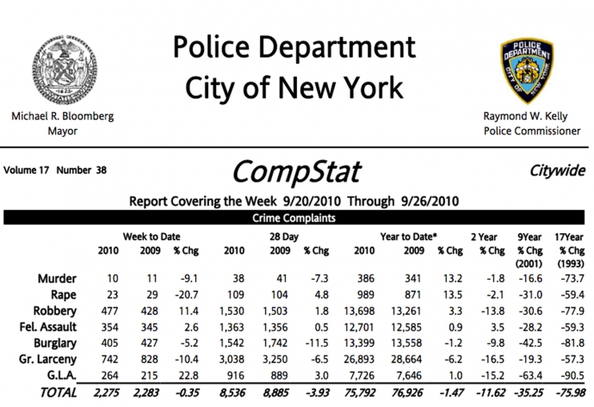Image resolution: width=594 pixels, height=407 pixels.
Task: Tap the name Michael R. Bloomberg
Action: (62, 116)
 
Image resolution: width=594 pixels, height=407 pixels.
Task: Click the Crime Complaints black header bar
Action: (297, 219)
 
